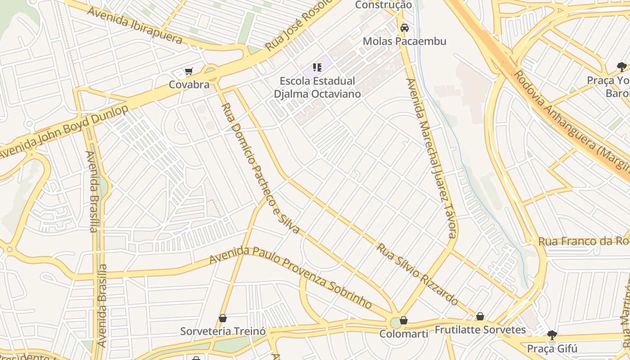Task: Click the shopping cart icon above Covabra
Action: coord(189,72)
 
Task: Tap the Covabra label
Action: coord(189,85)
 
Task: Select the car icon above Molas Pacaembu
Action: coord(405,28)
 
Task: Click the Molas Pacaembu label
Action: coord(405,41)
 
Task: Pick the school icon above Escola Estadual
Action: coord(317,68)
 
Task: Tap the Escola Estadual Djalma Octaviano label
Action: coord(318,87)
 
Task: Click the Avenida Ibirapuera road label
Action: coord(135,25)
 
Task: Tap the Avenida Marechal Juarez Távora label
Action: coord(432,157)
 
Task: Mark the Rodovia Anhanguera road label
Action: coord(571,119)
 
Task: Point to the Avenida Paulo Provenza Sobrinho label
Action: coord(290,277)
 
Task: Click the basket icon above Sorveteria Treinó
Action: coord(222,319)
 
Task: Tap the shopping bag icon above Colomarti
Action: coord(404,320)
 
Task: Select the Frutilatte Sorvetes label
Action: coord(480,330)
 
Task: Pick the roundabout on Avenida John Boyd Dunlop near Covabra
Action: coord(211,72)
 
